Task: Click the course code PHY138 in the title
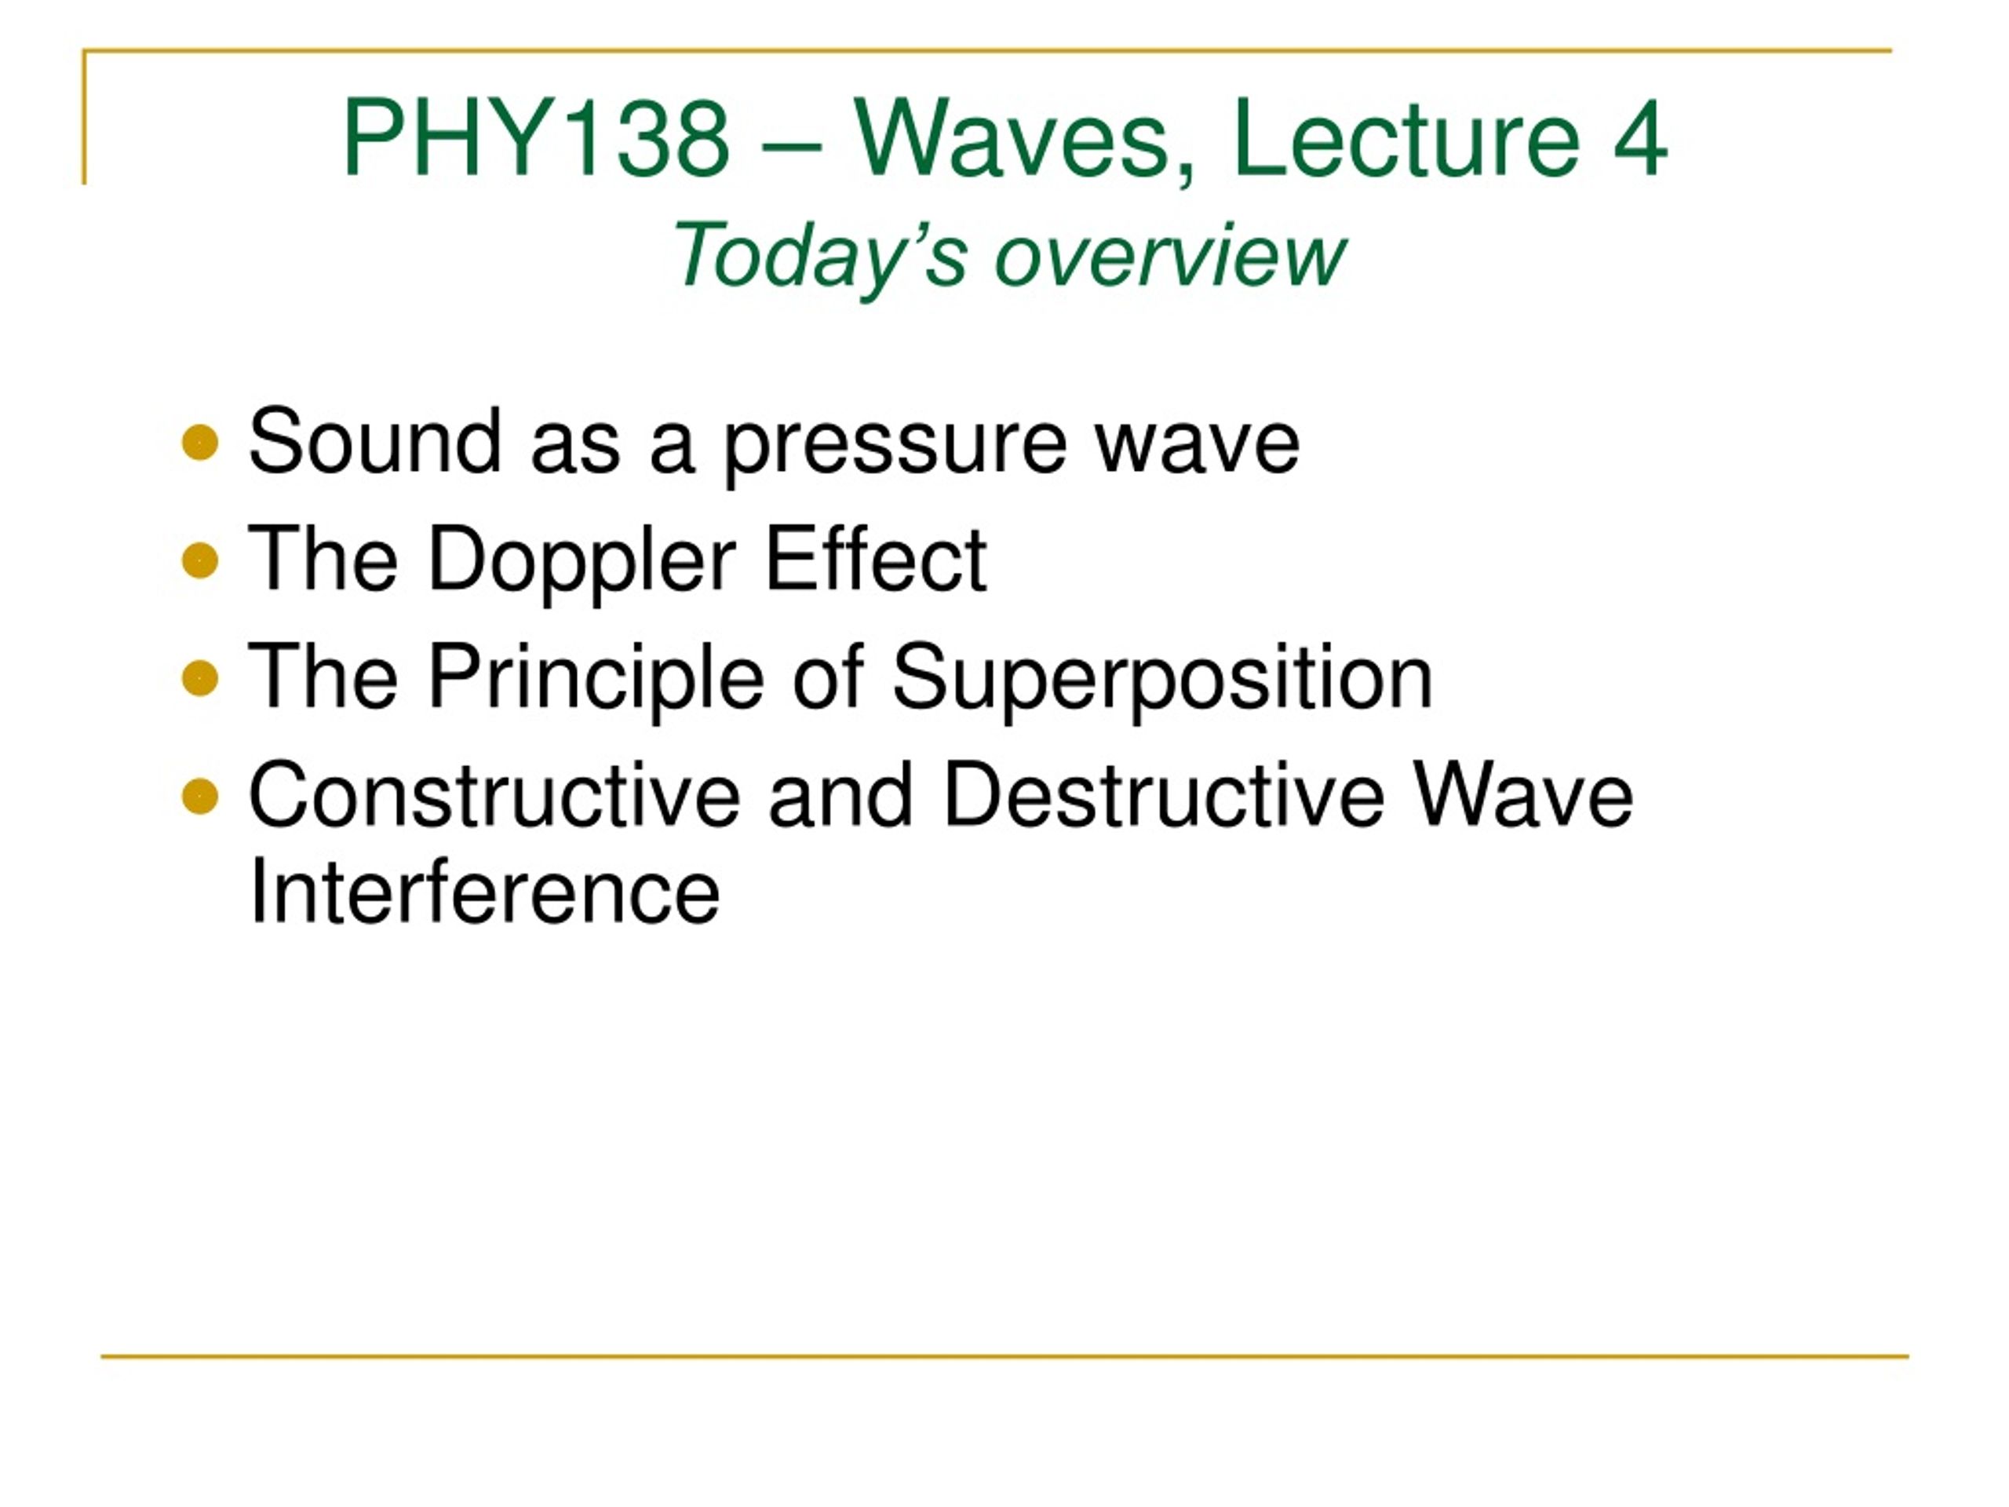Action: pos(537,139)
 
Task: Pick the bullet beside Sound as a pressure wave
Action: pos(200,444)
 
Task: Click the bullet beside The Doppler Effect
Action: pos(200,560)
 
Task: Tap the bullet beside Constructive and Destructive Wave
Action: pos(200,797)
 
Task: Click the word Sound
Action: pos(375,440)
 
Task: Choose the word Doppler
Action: pos(582,564)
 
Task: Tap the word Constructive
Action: pos(495,795)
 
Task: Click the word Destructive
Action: pos(1165,795)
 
